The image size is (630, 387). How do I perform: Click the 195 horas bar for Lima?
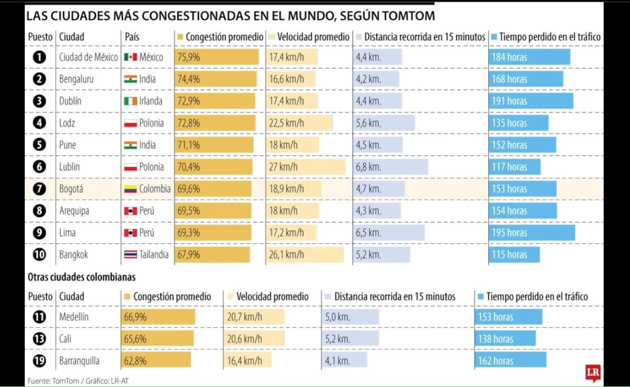(531, 233)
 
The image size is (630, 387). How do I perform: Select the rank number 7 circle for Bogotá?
(39, 189)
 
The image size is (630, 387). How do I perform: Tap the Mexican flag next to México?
(130, 57)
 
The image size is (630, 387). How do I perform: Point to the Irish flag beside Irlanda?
(130, 101)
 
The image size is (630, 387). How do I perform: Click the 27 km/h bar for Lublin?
(306, 167)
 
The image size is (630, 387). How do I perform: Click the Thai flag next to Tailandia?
(130, 255)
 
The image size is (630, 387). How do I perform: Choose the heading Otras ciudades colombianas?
(81, 277)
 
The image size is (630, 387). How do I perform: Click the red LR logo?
(593, 373)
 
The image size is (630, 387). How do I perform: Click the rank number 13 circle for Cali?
(39, 339)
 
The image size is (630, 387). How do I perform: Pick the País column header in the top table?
(132, 37)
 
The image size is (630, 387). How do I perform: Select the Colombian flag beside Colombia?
(130, 189)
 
